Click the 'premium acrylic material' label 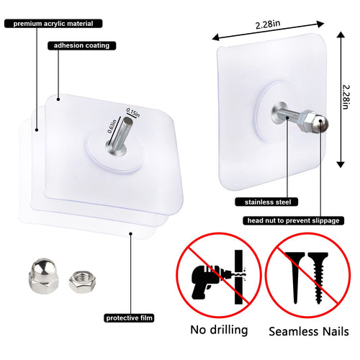click(x=48, y=23)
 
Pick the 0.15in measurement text click(x=132, y=112)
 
